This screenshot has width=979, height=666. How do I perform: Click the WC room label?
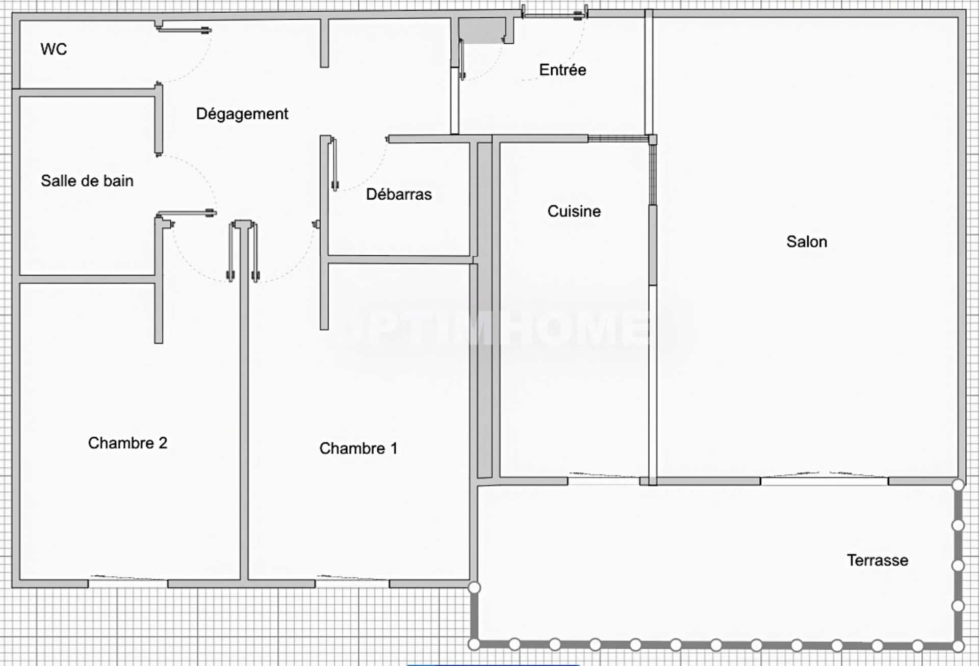tap(54, 49)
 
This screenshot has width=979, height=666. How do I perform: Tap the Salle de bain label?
tap(87, 180)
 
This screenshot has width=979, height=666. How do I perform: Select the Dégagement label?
tap(242, 114)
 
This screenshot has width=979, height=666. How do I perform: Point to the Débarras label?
tap(399, 194)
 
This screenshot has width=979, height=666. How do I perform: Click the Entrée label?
tap(562, 69)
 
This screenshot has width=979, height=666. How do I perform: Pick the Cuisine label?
tap(574, 211)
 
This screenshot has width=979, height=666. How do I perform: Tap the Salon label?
tap(807, 242)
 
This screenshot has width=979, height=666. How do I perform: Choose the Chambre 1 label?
tap(358, 448)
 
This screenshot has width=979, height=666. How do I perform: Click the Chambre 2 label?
tap(127, 443)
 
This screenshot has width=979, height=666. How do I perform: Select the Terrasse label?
tap(878, 561)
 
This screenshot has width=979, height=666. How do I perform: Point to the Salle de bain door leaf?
tap(187, 214)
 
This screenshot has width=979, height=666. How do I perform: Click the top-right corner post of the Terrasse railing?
tap(958, 485)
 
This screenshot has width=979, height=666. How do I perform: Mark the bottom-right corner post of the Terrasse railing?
tap(958, 646)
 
